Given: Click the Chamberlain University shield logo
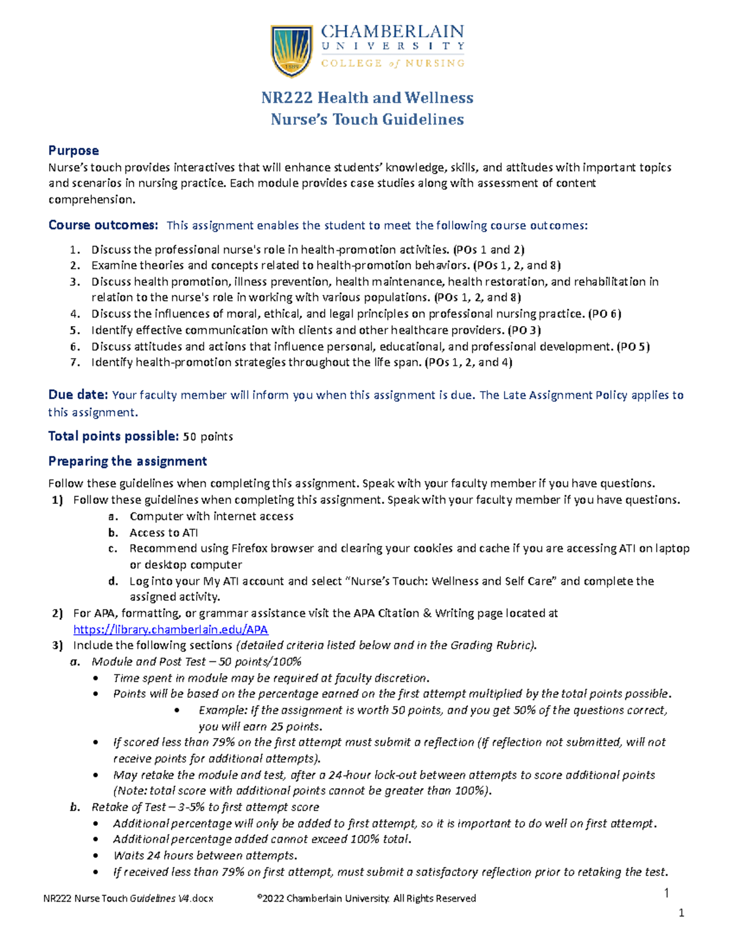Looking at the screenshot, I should click(x=292, y=50).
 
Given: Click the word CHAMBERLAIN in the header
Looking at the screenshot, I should click(x=393, y=31).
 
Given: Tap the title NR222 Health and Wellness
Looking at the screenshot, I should click(x=367, y=98).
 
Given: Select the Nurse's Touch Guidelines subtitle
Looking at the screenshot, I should click(x=367, y=120).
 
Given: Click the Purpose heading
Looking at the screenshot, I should click(x=73, y=151).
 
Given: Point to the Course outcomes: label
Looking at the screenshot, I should click(x=103, y=226).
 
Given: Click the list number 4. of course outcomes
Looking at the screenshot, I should click(x=75, y=314).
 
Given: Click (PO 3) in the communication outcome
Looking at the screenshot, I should click(x=524, y=330).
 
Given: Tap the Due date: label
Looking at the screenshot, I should click(x=78, y=395).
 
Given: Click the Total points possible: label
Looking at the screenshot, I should click(x=113, y=436).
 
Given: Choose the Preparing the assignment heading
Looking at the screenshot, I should click(x=127, y=462).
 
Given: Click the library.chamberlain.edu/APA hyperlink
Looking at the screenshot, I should click(x=170, y=630).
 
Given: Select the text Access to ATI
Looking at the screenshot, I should click(x=164, y=533).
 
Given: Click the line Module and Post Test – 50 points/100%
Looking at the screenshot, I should click(x=196, y=662).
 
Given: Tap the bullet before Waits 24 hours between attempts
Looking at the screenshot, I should click(x=96, y=856).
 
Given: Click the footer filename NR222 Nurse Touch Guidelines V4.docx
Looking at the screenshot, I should click(x=128, y=899).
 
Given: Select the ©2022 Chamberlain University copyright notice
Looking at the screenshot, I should click(x=367, y=899).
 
